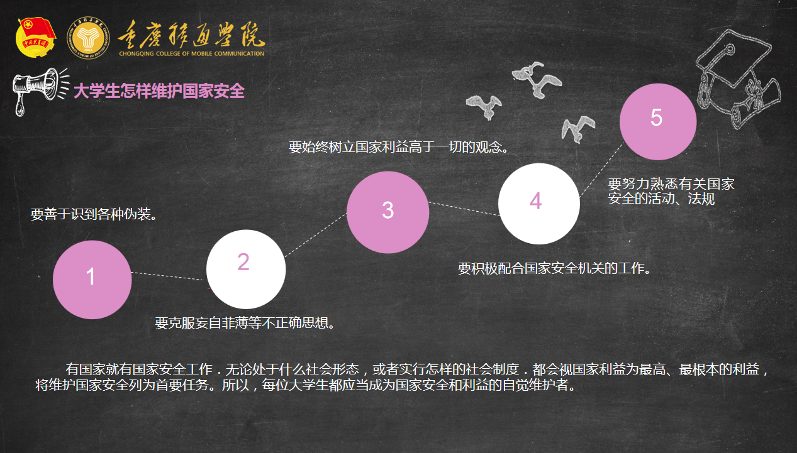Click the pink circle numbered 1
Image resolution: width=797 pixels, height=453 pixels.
pos(92,280)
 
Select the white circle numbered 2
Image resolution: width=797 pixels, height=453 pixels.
pos(246,270)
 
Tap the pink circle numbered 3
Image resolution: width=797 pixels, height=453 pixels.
pos(388,212)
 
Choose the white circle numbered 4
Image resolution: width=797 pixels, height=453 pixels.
pos(539,204)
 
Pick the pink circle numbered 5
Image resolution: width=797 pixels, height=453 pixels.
pos(658,122)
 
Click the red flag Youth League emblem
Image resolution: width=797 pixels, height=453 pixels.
pos(36,38)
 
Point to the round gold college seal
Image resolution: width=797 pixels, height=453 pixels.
pos(88,38)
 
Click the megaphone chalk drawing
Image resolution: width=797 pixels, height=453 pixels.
pos(40,91)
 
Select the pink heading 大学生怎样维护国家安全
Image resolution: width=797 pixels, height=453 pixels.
pos(159,91)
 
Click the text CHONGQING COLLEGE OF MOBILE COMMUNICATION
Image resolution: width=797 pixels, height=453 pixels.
pos(191,53)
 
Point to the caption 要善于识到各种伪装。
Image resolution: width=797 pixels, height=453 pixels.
pos(94,214)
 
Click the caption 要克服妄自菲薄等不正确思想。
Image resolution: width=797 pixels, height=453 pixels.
pos(245,323)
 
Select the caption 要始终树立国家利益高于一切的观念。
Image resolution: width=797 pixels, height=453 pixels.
pos(399,147)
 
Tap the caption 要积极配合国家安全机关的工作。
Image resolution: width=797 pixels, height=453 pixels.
pos(554,268)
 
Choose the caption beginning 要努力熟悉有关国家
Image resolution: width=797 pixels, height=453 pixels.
pos(671,192)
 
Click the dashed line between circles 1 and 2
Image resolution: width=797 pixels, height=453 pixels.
pos(167,276)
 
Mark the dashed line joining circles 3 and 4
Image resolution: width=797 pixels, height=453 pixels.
pos(464,209)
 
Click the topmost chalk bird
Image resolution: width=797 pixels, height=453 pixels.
pos(537,79)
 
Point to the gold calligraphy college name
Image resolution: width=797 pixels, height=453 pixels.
pos(191,35)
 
